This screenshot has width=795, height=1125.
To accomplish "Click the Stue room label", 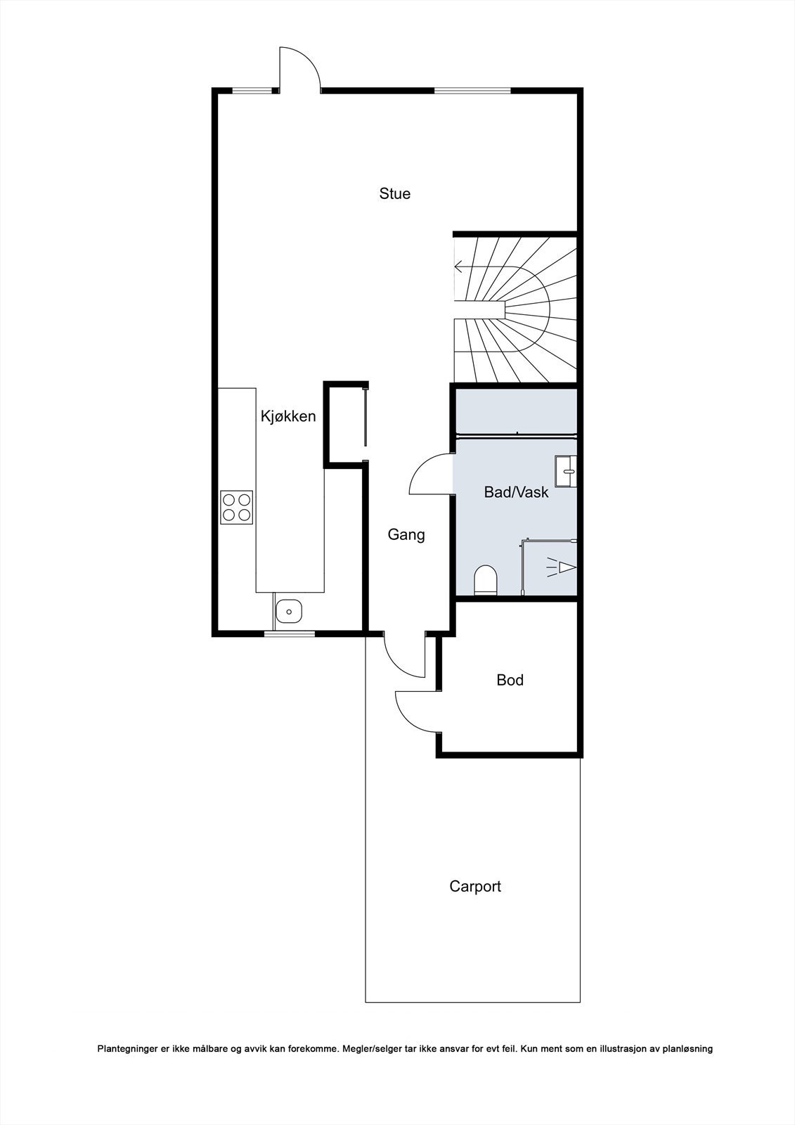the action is [x=395, y=194].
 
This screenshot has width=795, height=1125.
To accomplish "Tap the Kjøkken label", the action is [x=288, y=416].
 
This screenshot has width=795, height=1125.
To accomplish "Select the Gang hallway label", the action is [x=406, y=535].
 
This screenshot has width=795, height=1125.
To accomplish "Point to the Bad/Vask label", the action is [x=516, y=492].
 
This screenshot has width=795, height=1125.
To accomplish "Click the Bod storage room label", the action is [x=510, y=680].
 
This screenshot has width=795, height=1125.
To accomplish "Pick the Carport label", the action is [x=475, y=887].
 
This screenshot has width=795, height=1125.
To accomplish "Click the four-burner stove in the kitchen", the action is [x=237, y=507].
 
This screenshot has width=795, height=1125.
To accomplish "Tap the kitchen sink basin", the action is [x=289, y=612].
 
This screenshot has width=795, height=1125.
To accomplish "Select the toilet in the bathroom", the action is [x=486, y=580].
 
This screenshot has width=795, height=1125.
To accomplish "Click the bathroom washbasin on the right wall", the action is [x=566, y=472].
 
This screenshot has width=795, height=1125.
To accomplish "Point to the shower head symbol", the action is [x=562, y=567].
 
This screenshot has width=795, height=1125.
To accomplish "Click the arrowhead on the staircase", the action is [x=458, y=266].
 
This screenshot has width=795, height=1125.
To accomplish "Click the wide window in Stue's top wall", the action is [x=472, y=91].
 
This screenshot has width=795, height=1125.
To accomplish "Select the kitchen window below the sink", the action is [x=290, y=634].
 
